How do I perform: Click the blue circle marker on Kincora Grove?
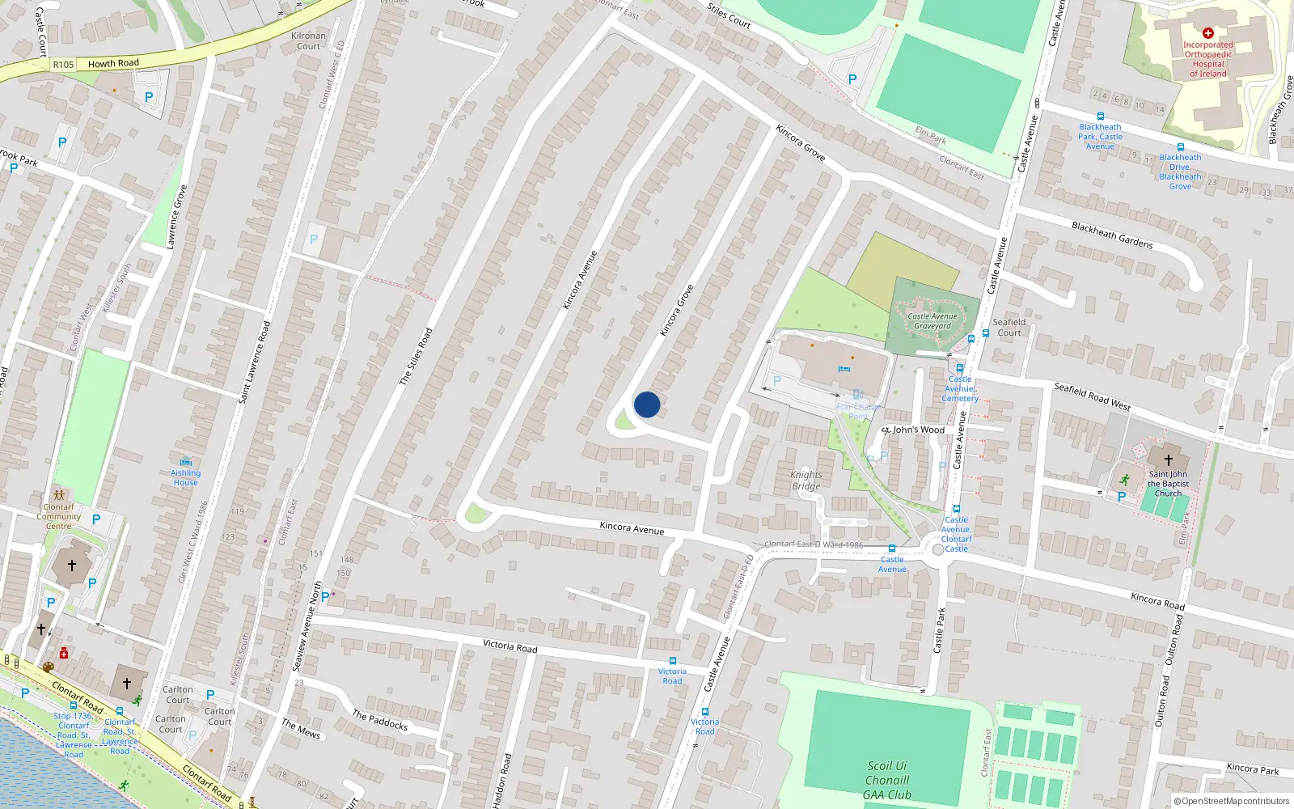click(647, 404)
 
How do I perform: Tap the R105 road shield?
click(63, 65)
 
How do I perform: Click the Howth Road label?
click(113, 63)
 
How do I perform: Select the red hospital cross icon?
click(1207, 33)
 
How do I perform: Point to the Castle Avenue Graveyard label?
click(932, 321)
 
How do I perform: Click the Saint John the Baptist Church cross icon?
click(1168, 460)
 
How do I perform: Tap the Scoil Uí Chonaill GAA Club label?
click(887, 780)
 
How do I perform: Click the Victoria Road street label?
click(510, 646)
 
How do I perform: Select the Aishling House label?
click(185, 477)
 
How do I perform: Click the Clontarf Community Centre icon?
click(58, 494)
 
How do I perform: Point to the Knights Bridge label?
click(806, 481)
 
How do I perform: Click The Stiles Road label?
click(417, 356)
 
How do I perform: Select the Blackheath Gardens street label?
click(1112, 235)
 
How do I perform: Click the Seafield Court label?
click(1009, 327)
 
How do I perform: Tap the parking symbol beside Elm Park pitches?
click(852, 79)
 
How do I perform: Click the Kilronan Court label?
click(308, 41)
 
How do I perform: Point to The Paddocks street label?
click(380, 719)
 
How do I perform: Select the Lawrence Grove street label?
click(177, 216)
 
